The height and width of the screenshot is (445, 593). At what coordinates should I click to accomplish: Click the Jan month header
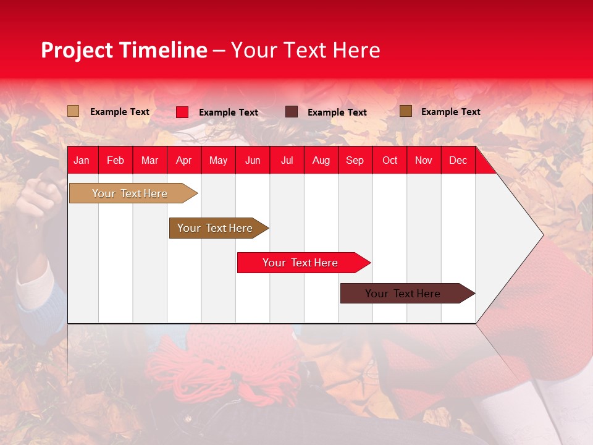point(82,161)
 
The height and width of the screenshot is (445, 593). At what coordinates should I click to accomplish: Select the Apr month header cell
point(184,161)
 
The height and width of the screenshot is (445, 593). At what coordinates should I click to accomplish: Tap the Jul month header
point(287,161)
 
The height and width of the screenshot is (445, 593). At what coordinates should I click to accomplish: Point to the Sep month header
point(355,161)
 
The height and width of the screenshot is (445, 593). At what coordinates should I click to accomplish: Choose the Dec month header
point(458,161)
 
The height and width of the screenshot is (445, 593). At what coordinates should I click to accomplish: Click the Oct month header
point(390,161)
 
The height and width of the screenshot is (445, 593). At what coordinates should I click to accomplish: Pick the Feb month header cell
point(116,161)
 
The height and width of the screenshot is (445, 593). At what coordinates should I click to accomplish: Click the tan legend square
point(73,111)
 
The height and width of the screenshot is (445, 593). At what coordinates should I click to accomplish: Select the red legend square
point(182,112)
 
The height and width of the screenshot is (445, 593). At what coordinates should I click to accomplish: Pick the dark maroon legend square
point(292,112)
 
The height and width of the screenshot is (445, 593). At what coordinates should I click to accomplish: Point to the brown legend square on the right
point(405,111)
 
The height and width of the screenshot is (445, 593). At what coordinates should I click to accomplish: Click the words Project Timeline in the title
point(124,50)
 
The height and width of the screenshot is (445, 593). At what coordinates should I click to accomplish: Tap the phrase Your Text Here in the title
point(305,50)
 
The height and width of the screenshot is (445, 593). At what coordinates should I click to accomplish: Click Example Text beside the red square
point(228,112)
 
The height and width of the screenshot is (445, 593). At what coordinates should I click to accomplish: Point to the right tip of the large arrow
point(542,235)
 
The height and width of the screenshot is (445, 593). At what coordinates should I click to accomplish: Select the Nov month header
point(424,161)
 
